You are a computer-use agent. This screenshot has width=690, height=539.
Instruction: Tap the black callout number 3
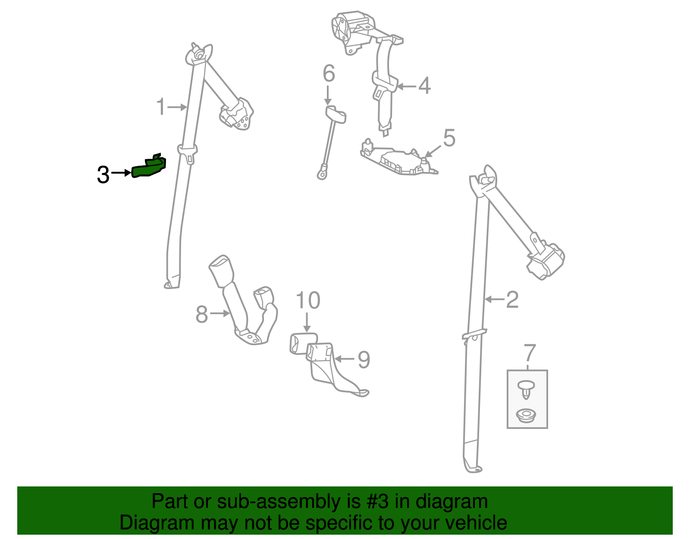click(103, 175)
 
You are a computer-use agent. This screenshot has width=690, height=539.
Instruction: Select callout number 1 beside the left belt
click(161, 107)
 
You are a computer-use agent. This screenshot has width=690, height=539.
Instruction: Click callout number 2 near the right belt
click(512, 299)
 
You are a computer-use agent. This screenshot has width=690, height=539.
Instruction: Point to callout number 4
click(425, 86)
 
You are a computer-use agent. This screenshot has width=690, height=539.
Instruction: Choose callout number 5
click(449, 138)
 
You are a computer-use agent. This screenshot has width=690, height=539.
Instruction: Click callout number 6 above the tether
click(329, 73)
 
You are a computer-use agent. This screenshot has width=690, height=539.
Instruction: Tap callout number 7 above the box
click(529, 353)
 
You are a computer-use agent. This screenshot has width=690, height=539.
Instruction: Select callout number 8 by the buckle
click(202, 314)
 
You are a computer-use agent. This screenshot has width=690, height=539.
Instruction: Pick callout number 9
click(364, 359)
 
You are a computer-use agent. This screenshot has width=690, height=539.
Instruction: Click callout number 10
click(308, 300)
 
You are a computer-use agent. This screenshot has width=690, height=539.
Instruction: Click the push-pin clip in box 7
click(526, 388)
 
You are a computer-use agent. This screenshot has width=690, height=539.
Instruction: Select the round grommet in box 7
click(526, 416)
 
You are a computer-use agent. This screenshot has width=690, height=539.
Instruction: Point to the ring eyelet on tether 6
click(321, 175)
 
